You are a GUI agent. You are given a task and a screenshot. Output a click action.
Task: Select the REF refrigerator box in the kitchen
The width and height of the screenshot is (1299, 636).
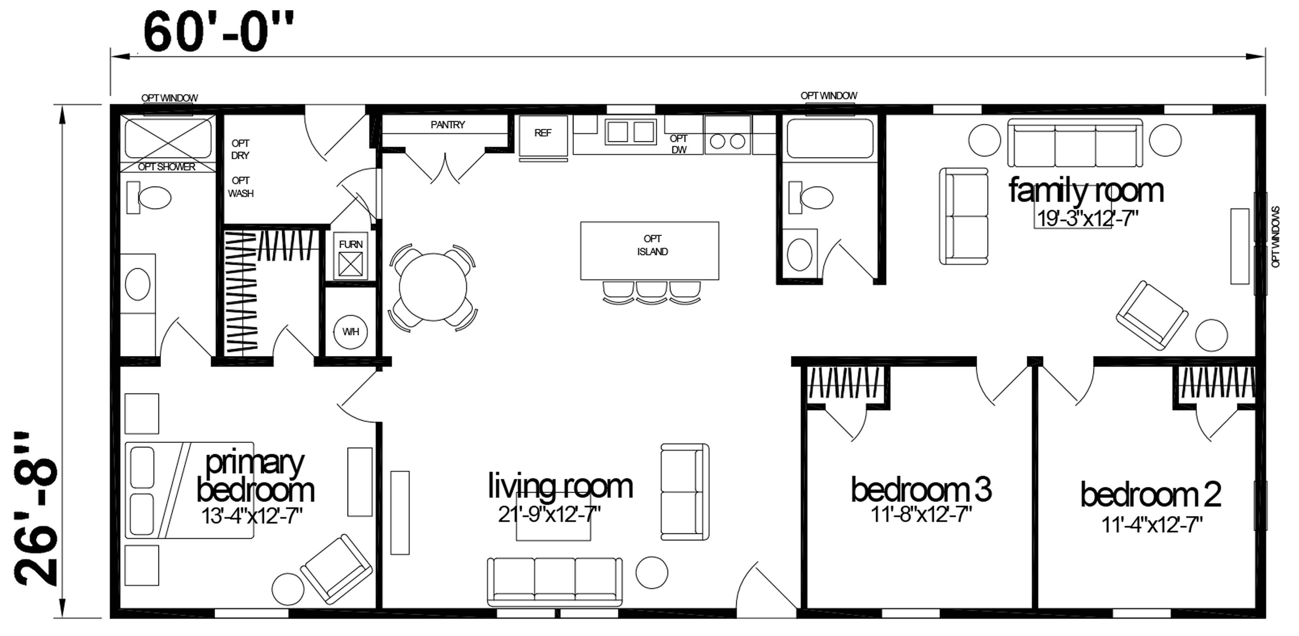point(543,136)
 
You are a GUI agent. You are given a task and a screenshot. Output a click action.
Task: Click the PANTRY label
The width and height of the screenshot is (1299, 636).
point(448,124)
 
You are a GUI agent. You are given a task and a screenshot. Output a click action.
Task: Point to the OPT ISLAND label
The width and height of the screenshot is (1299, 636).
point(652,245)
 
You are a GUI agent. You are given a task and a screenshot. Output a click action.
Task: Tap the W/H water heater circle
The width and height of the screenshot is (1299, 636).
point(350,331)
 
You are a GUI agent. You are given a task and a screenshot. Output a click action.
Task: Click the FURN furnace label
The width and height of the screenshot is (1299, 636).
point(350,244)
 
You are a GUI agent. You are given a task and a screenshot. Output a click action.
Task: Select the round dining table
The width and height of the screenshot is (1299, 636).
point(433,287)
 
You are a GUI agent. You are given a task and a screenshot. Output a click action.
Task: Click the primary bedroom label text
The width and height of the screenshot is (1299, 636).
point(255,477)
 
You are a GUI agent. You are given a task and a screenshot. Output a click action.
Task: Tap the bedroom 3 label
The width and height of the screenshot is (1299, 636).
point(921,489)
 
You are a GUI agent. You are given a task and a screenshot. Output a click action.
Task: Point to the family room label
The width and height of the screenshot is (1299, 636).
point(1086,191)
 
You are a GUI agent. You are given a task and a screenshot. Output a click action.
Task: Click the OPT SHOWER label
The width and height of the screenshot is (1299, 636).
point(166,167)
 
